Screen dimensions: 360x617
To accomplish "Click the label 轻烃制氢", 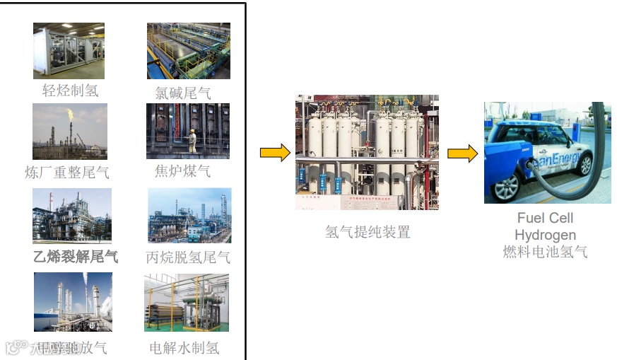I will click(x=70, y=91).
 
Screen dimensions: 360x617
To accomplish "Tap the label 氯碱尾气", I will click(x=183, y=93).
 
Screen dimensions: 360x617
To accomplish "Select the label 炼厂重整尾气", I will click(x=67, y=173).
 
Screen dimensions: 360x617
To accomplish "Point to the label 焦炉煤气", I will click(x=182, y=170).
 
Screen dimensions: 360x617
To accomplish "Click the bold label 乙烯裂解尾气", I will click(x=76, y=256).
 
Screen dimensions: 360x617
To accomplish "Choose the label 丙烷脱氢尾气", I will click(x=188, y=257).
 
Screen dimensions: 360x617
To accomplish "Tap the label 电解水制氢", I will click(x=184, y=347).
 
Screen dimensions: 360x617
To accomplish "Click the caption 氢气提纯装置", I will click(x=368, y=232).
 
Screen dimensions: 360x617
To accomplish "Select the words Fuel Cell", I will click(x=545, y=218).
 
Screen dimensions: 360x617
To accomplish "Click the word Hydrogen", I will click(x=545, y=235).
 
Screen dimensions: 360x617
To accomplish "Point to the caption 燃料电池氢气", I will click(x=545, y=252).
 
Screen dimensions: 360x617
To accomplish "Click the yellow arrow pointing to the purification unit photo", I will click(x=275, y=152).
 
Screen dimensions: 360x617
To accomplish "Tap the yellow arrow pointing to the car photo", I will click(x=462, y=153).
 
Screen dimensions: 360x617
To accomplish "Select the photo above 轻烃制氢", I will click(x=69, y=50).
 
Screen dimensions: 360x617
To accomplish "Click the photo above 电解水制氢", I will click(x=186, y=303).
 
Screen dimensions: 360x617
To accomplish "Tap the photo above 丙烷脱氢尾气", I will click(x=189, y=215).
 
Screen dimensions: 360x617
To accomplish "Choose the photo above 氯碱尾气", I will click(x=188, y=50).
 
